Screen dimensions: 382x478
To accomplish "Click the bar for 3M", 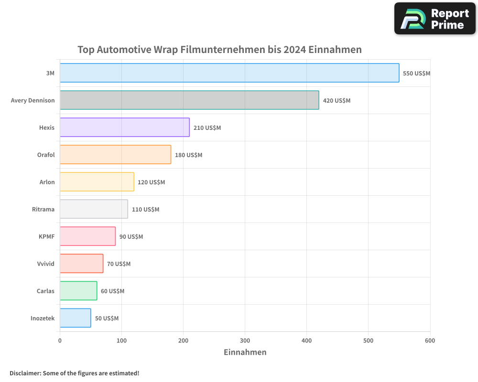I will coord(229,73).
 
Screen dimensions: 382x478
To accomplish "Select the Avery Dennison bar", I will coord(189,100).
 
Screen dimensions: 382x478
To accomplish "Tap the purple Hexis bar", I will coord(125,127).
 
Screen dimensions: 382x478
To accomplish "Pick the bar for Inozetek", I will coord(76,318).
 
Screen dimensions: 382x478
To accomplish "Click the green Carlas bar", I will coord(78,291).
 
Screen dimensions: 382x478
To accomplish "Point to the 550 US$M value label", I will coord(416,74).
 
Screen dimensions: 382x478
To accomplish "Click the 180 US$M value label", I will coord(188,155).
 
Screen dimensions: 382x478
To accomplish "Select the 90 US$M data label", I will coord(131,237).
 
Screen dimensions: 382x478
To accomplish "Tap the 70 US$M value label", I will coord(119,264).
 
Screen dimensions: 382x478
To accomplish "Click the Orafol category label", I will coord(46,155).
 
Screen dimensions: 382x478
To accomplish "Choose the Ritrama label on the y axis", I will coord(43,209).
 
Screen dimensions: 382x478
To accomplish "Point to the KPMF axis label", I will coord(47,236).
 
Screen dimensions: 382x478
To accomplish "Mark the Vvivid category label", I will coord(46,264).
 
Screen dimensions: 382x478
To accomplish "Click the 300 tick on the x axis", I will coord(245,340).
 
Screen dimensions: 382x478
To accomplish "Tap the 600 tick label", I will coord(430,340).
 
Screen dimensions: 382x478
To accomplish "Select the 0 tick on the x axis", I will coord(60,340).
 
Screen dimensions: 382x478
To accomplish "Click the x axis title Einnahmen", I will coord(245,352).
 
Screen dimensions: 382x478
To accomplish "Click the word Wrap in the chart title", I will coord(165,50).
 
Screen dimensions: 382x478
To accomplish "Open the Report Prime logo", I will coord(435,19).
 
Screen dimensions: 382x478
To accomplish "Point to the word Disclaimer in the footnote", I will coord(25,373).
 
